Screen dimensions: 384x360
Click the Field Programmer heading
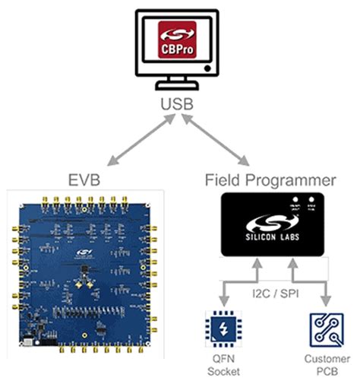click(270, 182)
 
